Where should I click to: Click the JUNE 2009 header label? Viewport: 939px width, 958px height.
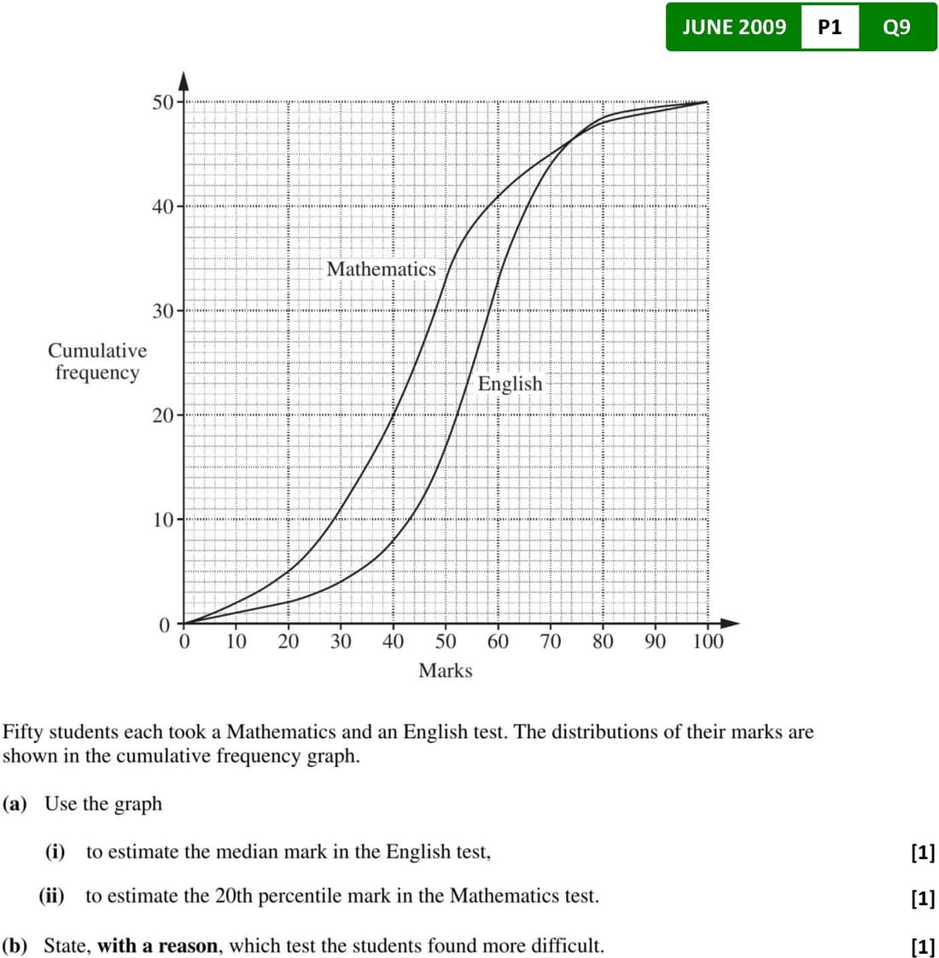point(733,26)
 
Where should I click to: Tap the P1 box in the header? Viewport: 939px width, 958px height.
point(829,26)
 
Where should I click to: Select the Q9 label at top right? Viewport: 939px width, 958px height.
point(896,26)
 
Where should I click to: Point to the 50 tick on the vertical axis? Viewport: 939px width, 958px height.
point(162,102)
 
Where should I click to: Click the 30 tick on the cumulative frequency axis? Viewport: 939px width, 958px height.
point(162,311)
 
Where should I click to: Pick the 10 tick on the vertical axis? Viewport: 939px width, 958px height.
point(162,520)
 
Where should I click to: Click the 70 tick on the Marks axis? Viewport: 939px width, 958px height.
point(551,642)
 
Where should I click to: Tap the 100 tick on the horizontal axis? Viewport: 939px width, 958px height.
point(708,642)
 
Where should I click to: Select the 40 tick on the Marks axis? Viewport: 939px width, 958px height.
point(393,642)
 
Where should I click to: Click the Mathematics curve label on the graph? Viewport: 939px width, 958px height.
point(381,269)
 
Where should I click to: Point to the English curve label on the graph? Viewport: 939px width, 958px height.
point(510,384)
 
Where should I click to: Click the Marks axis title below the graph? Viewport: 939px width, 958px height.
point(445,671)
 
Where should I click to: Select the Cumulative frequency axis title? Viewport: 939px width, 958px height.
point(96,362)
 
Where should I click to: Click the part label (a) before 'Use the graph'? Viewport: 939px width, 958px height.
point(15,804)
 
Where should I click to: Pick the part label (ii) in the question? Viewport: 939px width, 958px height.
point(51,896)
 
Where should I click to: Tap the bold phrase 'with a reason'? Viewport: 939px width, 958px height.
point(157,945)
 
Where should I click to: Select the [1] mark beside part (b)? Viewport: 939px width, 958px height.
point(923,945)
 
